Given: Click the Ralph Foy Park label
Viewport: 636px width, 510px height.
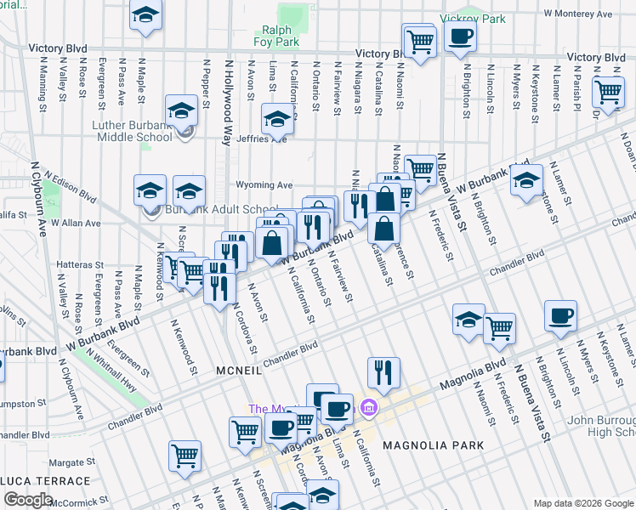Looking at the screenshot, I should pos(276,35).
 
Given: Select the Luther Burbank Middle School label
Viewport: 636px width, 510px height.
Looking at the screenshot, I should pos(120,131).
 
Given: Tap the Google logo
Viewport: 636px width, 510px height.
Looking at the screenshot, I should pos(27,500).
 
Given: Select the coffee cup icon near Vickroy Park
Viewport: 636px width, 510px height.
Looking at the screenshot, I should pos(461,37).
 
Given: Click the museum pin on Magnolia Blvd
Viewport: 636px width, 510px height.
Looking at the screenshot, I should pos(367,408).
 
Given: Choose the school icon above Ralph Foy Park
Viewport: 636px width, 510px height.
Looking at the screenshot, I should pos(146,15).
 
